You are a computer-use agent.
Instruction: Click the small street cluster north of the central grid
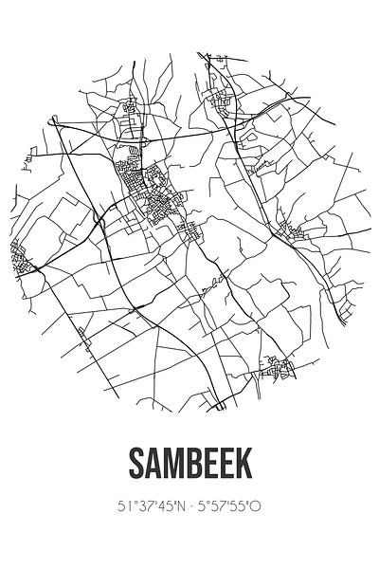point(128,114)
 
